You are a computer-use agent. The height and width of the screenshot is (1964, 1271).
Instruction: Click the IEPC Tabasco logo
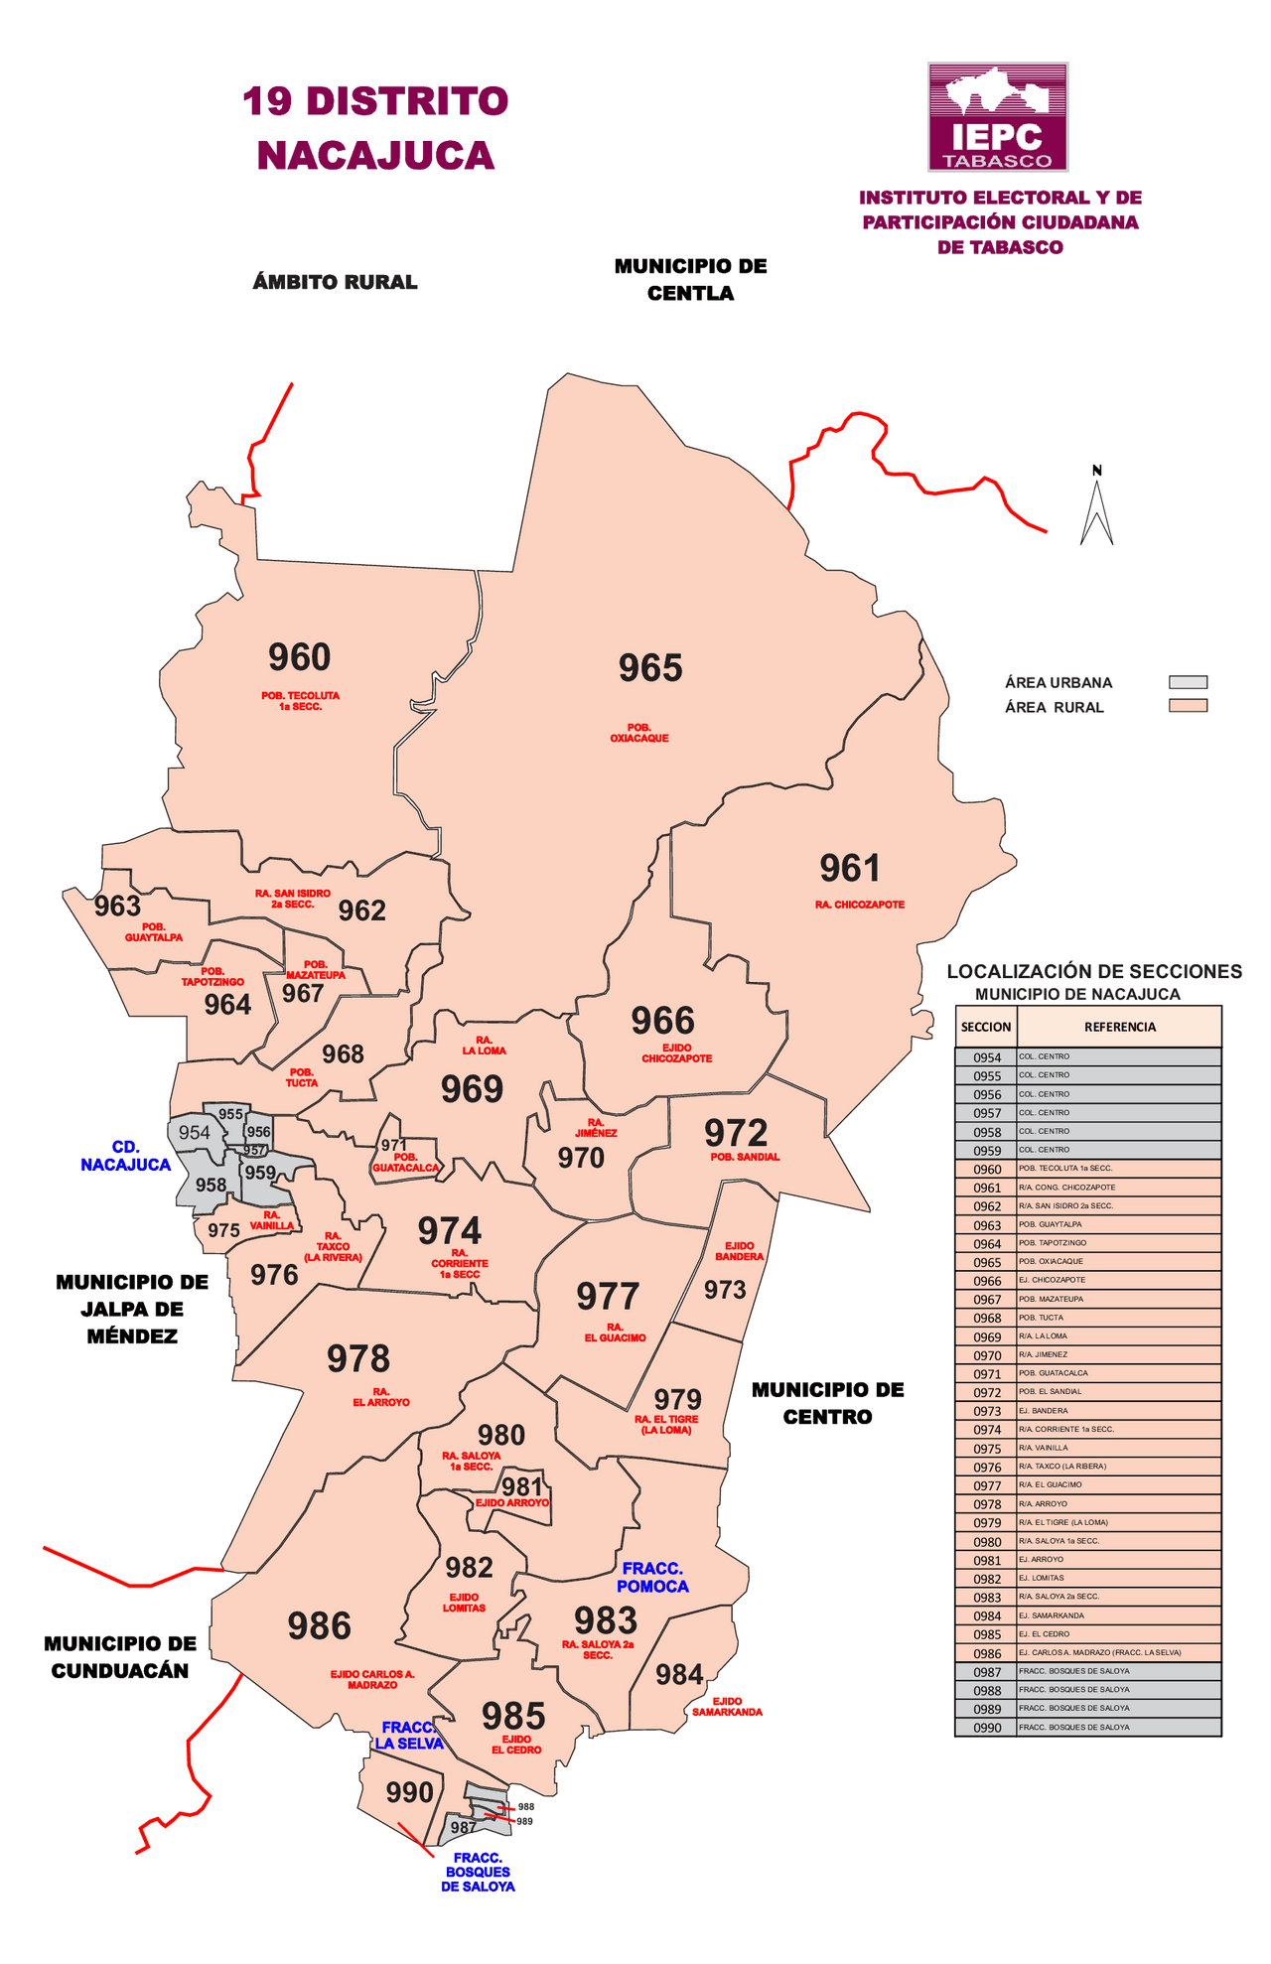(998, 117)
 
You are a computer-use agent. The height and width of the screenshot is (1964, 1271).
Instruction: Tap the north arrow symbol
(1096, 508)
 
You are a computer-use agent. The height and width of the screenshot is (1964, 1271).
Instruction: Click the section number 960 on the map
(299, 657)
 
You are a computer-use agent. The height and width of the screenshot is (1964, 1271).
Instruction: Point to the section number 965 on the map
(650, 668)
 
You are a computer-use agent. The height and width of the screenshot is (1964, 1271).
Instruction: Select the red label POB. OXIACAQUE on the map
(638, 734)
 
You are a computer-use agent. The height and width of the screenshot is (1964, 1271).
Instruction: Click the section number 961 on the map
(850, 869)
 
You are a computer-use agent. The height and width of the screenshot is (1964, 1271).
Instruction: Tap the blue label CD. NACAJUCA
(125, 1157)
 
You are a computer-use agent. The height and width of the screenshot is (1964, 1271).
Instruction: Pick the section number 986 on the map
(319, 1626)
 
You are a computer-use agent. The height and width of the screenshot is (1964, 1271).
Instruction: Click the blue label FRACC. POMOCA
(651, 1577)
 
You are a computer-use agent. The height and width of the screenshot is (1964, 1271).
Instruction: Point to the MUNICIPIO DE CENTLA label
(690, 279)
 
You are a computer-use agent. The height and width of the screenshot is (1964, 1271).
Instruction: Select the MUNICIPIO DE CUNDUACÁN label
(119, 1657)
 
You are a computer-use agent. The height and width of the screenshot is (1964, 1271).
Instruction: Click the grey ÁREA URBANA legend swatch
(1188, 682)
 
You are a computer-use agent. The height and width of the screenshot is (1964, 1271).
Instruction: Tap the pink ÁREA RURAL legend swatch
(1188, 706)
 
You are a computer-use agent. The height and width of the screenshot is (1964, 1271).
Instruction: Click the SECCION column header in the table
(986, 1027)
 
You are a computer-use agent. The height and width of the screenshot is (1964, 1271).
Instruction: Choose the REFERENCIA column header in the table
(1119, 1027)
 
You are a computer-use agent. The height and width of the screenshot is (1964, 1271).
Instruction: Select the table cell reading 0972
(987, 1393)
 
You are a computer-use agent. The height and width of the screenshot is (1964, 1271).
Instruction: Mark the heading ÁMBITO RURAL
(335, 282)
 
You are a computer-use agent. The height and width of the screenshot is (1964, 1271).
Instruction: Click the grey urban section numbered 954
(194, 1133)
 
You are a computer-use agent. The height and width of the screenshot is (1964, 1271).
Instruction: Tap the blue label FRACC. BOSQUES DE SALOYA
(478, 1872)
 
